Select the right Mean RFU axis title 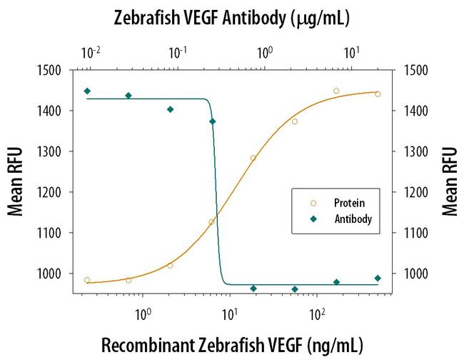(x=450, y=181)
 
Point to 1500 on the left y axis (x=54, y=70)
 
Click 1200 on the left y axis (x=54, y=192)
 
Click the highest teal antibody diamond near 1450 (x=87, y=91)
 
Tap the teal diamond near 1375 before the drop (x=213, y=121)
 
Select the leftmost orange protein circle (x=87, y=280)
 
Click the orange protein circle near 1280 (x=253, y=158)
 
